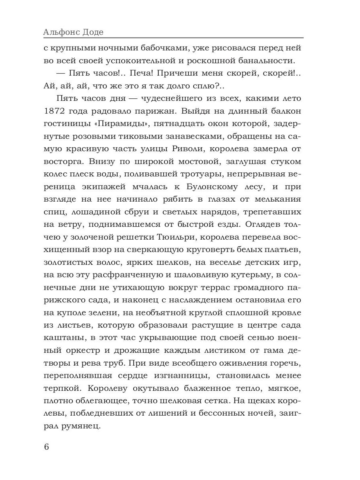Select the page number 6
coord(46,446)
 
